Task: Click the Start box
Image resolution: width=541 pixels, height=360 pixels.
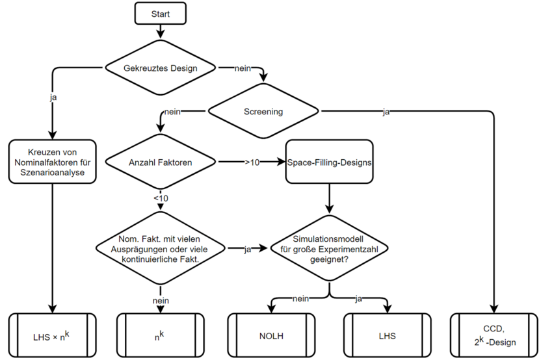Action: click(160, 14)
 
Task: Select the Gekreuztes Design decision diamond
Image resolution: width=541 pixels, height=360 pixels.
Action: click(160, 68)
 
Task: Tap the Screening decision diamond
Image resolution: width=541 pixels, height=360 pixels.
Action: click(263, 112)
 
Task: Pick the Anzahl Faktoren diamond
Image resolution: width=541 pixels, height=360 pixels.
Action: click(161, 161)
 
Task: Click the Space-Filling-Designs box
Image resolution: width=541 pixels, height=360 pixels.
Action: click(330, 162)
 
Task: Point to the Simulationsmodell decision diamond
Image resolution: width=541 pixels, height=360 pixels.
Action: click(330, 248)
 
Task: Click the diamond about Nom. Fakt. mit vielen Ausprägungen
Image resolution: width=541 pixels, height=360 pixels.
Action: click(161, 248)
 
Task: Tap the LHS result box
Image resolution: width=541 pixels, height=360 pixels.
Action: click(387, 336)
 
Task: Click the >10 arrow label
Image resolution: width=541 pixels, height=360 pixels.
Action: click(252, 162)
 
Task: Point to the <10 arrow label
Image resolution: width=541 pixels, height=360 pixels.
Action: click(161, 198)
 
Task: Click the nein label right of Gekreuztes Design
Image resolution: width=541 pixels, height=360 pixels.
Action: click(244, 68)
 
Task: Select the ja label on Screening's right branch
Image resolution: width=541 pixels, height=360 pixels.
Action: click(386, 112)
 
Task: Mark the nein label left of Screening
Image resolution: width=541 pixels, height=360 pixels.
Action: click(173, 112)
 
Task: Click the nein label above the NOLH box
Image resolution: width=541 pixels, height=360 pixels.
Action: click(300, 299)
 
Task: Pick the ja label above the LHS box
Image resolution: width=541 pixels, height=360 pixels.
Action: click(358, 299)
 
